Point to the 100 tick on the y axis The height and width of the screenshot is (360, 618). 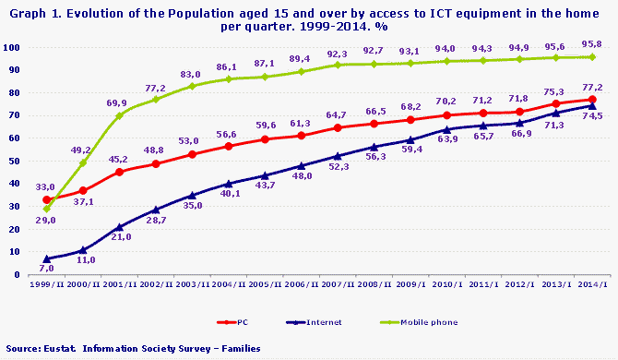[x=13, y=47]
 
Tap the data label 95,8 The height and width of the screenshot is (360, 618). [x=592, y=42]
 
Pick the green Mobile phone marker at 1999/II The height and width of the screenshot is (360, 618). [x=47, y=209]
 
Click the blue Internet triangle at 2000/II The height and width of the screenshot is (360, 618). [x=83, y=249]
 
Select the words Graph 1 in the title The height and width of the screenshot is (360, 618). [x=28, y=9]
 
